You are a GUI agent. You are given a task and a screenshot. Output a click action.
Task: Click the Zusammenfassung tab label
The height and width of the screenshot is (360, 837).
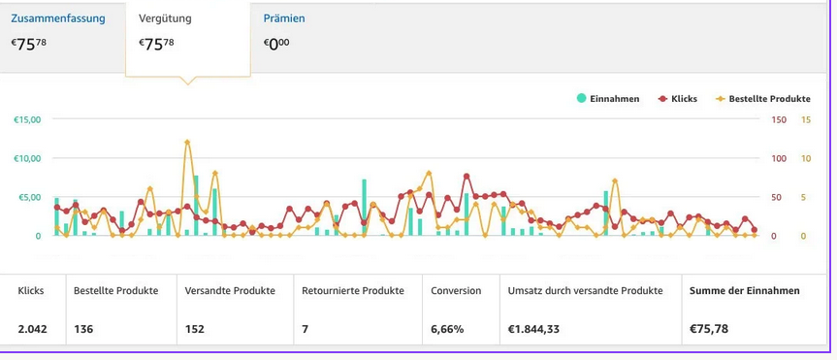click(x=58, y=18)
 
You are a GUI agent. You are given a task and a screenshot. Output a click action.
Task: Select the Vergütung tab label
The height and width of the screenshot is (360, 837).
click(x=165, y=18)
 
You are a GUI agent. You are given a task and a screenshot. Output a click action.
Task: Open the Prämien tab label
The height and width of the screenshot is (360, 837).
click(x=284, y=18)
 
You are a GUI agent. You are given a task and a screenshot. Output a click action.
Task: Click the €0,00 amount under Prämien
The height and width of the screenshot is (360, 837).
click(x=276, y=44)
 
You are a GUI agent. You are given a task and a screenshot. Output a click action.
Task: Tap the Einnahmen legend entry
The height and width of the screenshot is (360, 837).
click(x=608, y=99)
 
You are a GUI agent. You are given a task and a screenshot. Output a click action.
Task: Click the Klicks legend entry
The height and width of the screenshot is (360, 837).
click(x=677, y=99)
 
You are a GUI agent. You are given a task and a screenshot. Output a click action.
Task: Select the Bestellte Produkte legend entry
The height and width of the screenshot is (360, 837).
click(x=762, y=99)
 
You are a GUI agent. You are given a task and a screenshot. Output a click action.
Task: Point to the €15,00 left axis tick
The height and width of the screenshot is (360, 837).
click(x=27, y=119)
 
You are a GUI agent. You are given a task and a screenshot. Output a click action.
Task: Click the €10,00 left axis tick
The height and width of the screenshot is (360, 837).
click(x=27, y=158)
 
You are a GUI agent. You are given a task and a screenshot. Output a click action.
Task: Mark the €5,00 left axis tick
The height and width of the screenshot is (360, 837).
click(x=29, y=197)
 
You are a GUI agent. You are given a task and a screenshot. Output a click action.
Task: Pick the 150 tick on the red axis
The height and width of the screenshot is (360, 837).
click(x=779, y=119)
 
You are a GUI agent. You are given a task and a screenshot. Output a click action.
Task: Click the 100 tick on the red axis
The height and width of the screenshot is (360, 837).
click(x=779, y=158)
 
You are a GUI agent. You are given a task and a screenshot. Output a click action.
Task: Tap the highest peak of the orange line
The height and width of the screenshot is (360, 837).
click(x=187, y=142)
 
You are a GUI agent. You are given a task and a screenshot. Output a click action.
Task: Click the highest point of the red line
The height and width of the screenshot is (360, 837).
click(x=467, y=177)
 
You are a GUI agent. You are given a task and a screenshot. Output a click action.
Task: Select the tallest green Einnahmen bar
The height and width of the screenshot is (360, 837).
click(x=196, y=205)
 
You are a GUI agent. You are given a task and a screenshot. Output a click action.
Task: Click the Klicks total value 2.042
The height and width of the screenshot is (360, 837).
click(x=33, y=329)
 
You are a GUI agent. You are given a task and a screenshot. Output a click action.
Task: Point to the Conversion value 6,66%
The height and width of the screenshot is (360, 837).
click(x=447, y=329)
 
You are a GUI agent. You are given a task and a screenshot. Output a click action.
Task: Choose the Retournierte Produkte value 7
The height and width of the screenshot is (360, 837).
click(x=305, y=329)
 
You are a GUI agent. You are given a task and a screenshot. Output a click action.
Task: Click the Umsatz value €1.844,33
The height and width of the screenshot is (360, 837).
click(x=533, y=329)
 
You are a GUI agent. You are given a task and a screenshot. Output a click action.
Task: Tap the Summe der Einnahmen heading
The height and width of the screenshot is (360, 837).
click(x=745, y=291)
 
